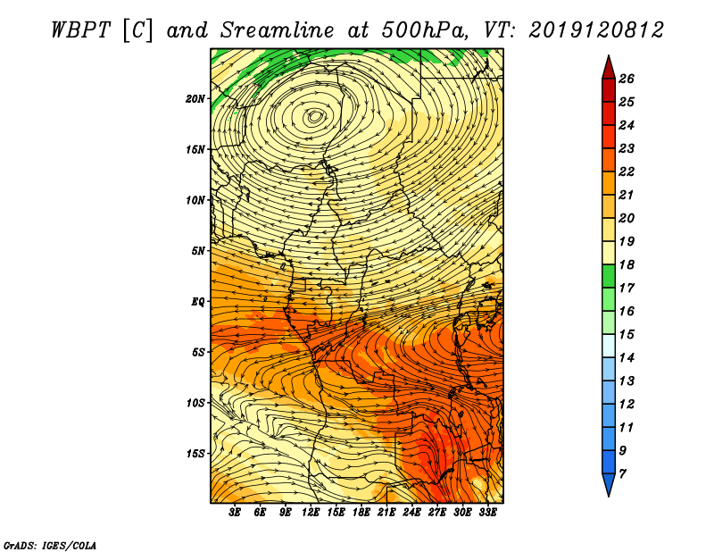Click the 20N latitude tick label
195,99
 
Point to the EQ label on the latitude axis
198,302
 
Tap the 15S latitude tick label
195,454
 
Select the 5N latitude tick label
198,251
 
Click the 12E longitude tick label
311,513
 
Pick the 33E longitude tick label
487,513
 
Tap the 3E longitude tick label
235,513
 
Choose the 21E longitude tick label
386,513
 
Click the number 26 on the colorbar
627,79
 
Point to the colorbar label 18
627,264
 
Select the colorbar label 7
622,474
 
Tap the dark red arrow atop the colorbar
609,68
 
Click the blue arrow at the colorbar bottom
609,484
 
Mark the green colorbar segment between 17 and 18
609,276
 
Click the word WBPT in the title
80,30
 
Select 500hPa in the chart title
425,30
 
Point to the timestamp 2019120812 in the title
595,30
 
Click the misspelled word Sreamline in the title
277,30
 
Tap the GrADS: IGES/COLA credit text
50,546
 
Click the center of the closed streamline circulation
315,117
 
